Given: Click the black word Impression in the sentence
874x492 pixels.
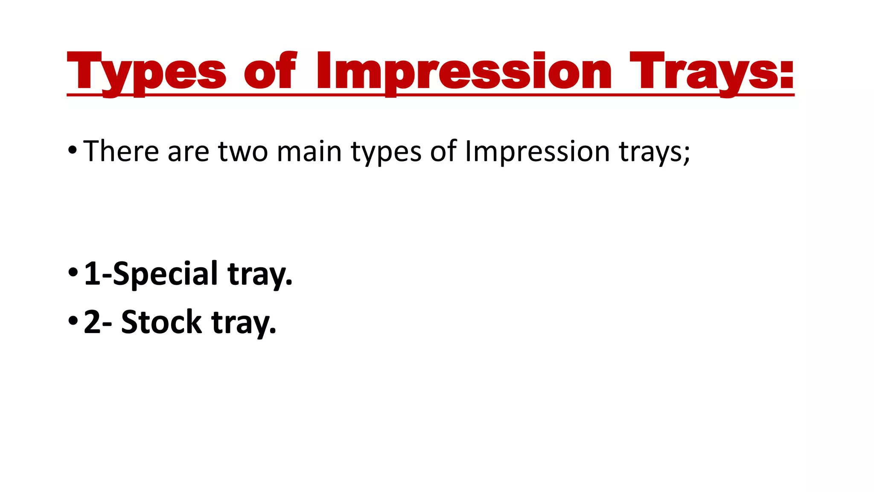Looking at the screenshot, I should click(537, 152).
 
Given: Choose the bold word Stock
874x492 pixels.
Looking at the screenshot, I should click(161, 322).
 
